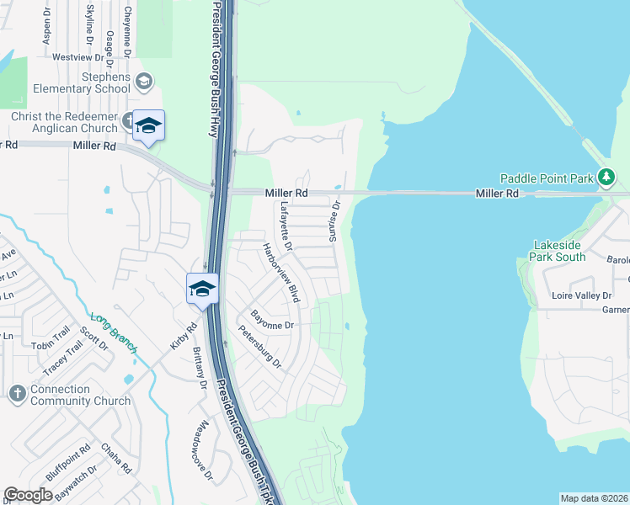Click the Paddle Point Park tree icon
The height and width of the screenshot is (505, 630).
point(605,177)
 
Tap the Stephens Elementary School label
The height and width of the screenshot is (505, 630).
point(82,81)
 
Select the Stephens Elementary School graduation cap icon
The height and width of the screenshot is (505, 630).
point(144,81)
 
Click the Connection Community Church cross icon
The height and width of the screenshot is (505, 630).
point(17,393)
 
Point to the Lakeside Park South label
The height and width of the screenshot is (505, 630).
point(558,251)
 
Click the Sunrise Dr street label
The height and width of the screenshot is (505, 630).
point(334,217)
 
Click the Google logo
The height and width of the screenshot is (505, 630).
point(29,495)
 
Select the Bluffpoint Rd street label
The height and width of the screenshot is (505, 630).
point(68,464)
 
